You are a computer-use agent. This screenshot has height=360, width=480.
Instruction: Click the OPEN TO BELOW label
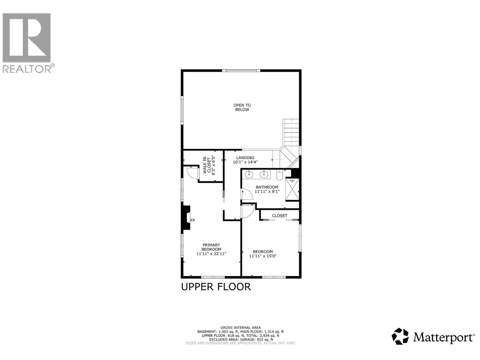(x=242, y=107)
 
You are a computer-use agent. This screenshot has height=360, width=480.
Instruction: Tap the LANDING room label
(x=245, y=158)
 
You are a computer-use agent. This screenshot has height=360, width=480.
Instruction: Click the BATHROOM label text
(x=267, y=187)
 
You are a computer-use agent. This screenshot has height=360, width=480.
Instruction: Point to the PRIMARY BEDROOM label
(x=211, y=247)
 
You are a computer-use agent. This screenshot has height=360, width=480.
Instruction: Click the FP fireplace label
(x=193, y=220)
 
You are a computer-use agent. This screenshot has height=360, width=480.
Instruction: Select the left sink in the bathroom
(x=249, y=174)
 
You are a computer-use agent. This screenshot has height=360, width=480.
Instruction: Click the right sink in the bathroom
(x=264, y=174)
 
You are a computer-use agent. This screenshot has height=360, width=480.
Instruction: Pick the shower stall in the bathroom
(x=292, y=189)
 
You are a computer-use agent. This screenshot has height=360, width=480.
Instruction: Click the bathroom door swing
(x=247, y=194)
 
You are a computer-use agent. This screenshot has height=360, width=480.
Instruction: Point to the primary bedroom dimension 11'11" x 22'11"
(x=211, y=254)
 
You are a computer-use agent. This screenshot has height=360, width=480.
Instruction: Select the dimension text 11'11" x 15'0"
(x=263, y=256)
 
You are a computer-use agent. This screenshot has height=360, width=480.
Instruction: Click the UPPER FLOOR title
(x=216, y=287)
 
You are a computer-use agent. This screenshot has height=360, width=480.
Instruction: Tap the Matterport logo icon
(x=400, y=336)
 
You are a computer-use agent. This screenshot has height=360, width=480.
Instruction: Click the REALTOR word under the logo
(x=27, y=69)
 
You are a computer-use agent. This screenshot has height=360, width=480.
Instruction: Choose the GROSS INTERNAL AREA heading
(x=241, y=328)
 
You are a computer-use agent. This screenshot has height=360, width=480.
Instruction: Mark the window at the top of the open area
(x=241, y=71)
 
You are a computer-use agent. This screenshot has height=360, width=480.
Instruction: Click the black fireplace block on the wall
(x=186, y=217)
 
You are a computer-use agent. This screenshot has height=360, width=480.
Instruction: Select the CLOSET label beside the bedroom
(x=280, y=216)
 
